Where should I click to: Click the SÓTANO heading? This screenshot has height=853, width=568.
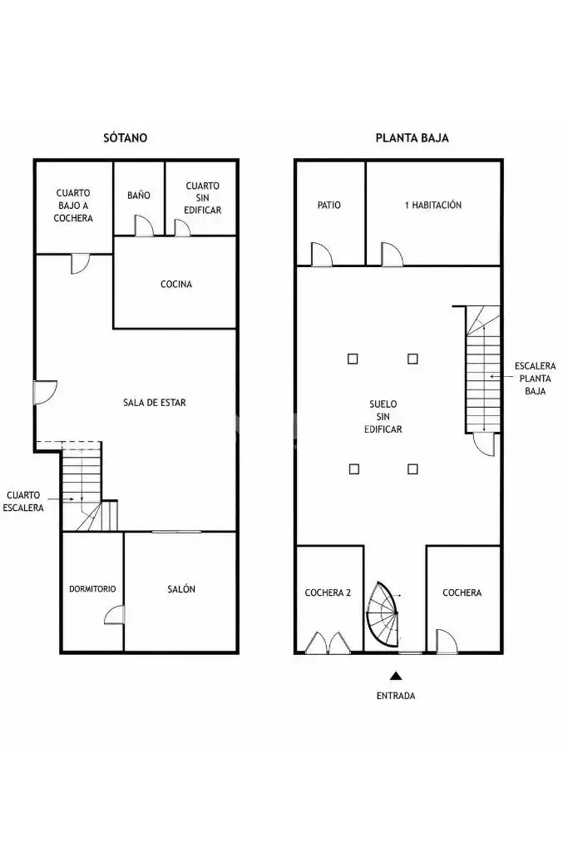point(125,137)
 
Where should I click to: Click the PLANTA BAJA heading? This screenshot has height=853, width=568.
point(412,137)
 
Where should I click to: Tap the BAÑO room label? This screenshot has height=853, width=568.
point(139,196)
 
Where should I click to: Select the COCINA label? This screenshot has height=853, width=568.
point(176,284)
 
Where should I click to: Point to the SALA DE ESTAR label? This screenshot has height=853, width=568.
point(155,403)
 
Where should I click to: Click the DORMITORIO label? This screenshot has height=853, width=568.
point(92,588)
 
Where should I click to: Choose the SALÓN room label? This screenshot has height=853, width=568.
point(181,588)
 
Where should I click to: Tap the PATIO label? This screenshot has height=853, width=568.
point(328,205)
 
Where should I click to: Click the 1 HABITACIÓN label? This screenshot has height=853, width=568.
point(433,205)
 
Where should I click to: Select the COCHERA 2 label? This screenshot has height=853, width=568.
point(328,593)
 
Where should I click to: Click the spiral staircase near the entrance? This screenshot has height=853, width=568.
point(383,615)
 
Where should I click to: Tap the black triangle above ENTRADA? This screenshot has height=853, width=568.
point(396,676)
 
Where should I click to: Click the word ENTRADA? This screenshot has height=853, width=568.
point(396,696)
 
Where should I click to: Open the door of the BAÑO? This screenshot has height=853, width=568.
point(145,226)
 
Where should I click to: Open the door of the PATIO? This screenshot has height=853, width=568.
point(321,254)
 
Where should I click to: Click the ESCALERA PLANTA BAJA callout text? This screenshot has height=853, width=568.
point(535,378)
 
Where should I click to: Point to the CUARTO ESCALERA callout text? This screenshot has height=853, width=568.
point(23,501)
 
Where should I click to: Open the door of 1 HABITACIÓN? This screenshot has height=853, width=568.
point(393,254)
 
